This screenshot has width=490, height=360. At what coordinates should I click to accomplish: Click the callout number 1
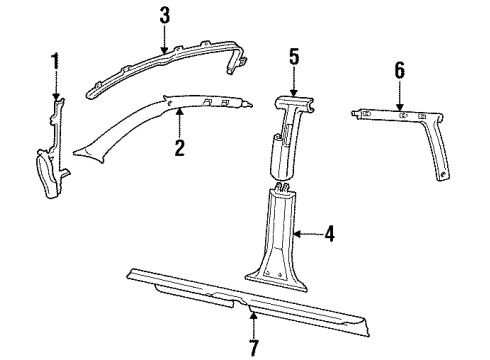(55, 61)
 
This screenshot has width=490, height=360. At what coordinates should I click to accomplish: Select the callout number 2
(179, 148)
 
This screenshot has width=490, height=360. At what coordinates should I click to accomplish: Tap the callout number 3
(165, 15)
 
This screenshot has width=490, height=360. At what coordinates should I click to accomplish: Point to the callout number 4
(329, 234)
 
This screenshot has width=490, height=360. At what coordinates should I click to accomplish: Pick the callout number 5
(294, 57)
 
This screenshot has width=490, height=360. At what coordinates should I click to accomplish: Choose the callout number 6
(400, 70)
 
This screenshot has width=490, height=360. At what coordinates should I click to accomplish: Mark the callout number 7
(254, 348)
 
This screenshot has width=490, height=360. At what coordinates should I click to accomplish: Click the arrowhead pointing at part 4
(298, 234)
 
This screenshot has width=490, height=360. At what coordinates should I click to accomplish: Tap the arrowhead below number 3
(164, 49)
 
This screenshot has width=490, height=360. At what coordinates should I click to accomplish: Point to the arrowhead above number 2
(180, 113)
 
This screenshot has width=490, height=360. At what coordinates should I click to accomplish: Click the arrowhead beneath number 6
(400, 106)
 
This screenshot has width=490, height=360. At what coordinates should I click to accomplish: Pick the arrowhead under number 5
(294, 93)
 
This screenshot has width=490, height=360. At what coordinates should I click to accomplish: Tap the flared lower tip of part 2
(87, 155)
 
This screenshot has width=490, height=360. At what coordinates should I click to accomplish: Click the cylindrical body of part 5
(282, 157)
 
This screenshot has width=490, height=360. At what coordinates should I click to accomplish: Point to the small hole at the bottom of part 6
(443, 174)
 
